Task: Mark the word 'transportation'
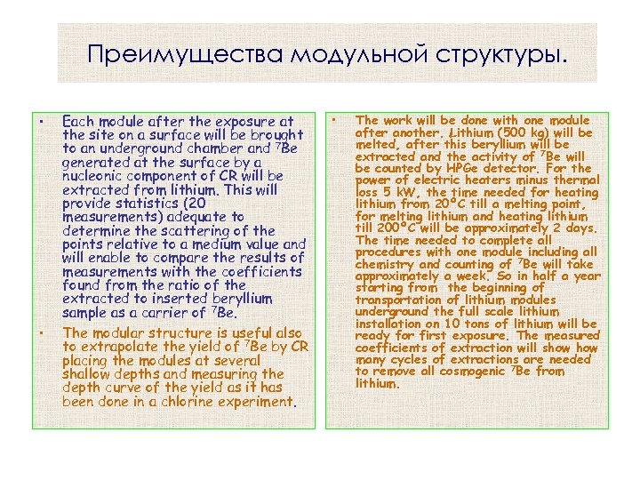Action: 399,300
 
